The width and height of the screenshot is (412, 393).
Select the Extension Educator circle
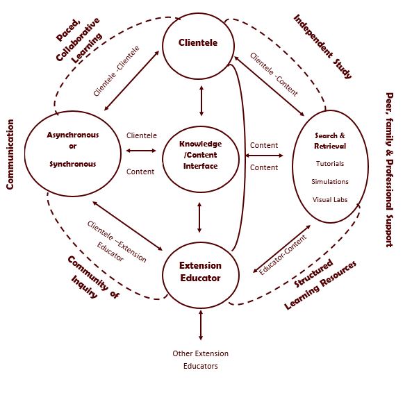(x=200, y=272)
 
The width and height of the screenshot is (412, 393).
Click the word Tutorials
(x=329, y=164)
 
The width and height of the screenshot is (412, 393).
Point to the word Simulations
(x=329, y=182)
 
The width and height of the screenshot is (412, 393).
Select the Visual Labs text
(x=329, y=200)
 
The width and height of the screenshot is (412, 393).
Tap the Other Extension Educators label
(x=200, y=360)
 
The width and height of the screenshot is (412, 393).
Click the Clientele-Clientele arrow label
(x=116, y=72)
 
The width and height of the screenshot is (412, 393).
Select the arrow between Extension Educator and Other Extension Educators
(x=200, y=324)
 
